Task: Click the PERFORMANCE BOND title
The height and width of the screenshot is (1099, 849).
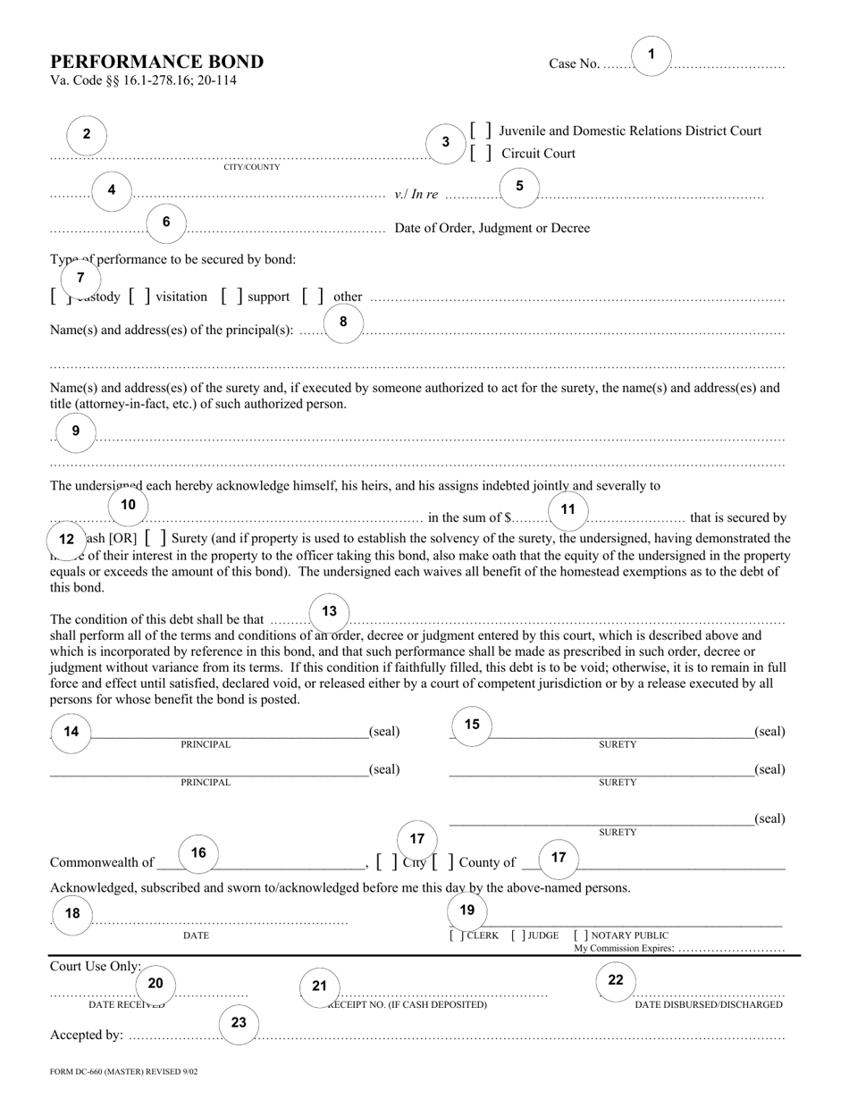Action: tap(156, 62)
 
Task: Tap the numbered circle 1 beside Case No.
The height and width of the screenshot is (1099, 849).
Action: tap(651, 55)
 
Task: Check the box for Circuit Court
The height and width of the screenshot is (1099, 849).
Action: tap(481, 154)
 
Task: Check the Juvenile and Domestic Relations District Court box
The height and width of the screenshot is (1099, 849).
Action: tap(481, 130)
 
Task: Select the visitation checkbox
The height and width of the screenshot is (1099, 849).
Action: tap(139, 296)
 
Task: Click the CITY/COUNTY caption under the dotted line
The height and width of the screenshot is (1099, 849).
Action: tap(252, 167)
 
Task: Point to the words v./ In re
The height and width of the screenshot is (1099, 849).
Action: tap(416, 195)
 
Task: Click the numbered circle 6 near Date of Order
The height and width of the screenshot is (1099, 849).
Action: tap(166, 222)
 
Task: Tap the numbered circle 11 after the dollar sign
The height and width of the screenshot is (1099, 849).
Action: tap(567, 510)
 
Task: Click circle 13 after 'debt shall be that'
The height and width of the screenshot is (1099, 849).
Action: tap(330, 612)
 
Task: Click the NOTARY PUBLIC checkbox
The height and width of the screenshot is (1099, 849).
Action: tap(581, 935)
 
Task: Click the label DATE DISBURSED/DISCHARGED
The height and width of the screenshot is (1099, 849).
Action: tap(709, 1004)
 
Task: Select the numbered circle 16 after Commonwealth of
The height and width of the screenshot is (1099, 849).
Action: tap(198, 853)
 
